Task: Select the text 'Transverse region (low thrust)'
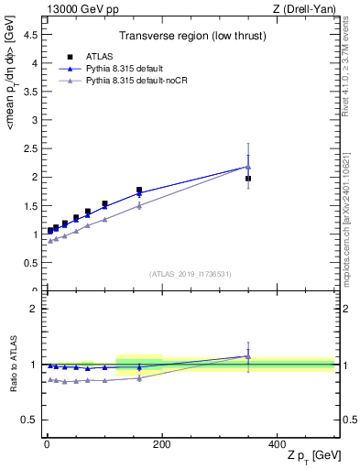(x=190, y=37)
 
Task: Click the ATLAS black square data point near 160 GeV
(x=139, y=191)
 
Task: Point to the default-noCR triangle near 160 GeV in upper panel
(x=139, y=206)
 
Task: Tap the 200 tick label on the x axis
(x=161, y=443)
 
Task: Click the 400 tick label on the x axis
(x=277, y=443)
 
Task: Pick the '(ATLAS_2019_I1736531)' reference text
(x=190, y=274)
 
